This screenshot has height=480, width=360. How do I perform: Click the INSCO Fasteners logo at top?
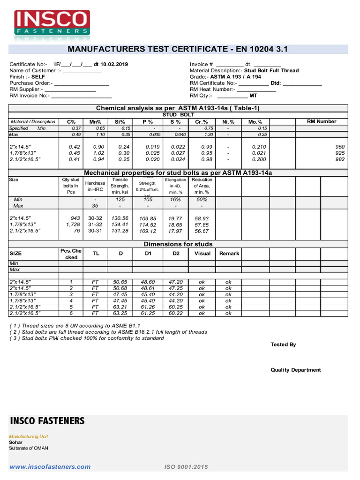pos(52,23)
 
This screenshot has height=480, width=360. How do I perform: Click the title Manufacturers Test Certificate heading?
pos(178,49)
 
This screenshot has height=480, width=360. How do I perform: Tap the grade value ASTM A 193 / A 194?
pos(236,76)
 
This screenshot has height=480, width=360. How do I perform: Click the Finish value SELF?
pos(38,76)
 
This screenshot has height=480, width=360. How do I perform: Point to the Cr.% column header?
pos(202,121)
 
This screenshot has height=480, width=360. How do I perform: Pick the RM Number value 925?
pos(340,153)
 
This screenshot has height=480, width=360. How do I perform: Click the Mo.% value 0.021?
pos(259,153)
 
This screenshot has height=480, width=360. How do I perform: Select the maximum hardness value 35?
pos(95,205)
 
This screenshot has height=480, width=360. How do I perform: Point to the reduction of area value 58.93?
pos(202,218)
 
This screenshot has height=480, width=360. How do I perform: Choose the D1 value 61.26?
pos(148,307)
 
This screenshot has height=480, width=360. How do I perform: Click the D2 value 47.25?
pos(176,288)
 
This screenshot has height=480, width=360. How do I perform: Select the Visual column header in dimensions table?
pos(202,253)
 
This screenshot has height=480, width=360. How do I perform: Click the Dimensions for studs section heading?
pos(178,244)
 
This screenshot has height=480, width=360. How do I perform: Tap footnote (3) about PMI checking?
pos(87,338)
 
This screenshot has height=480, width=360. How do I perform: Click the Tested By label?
pos(283,345)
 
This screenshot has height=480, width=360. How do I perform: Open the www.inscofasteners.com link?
pos(50,466)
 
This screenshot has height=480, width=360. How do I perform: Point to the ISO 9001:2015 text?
pos(186,467)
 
